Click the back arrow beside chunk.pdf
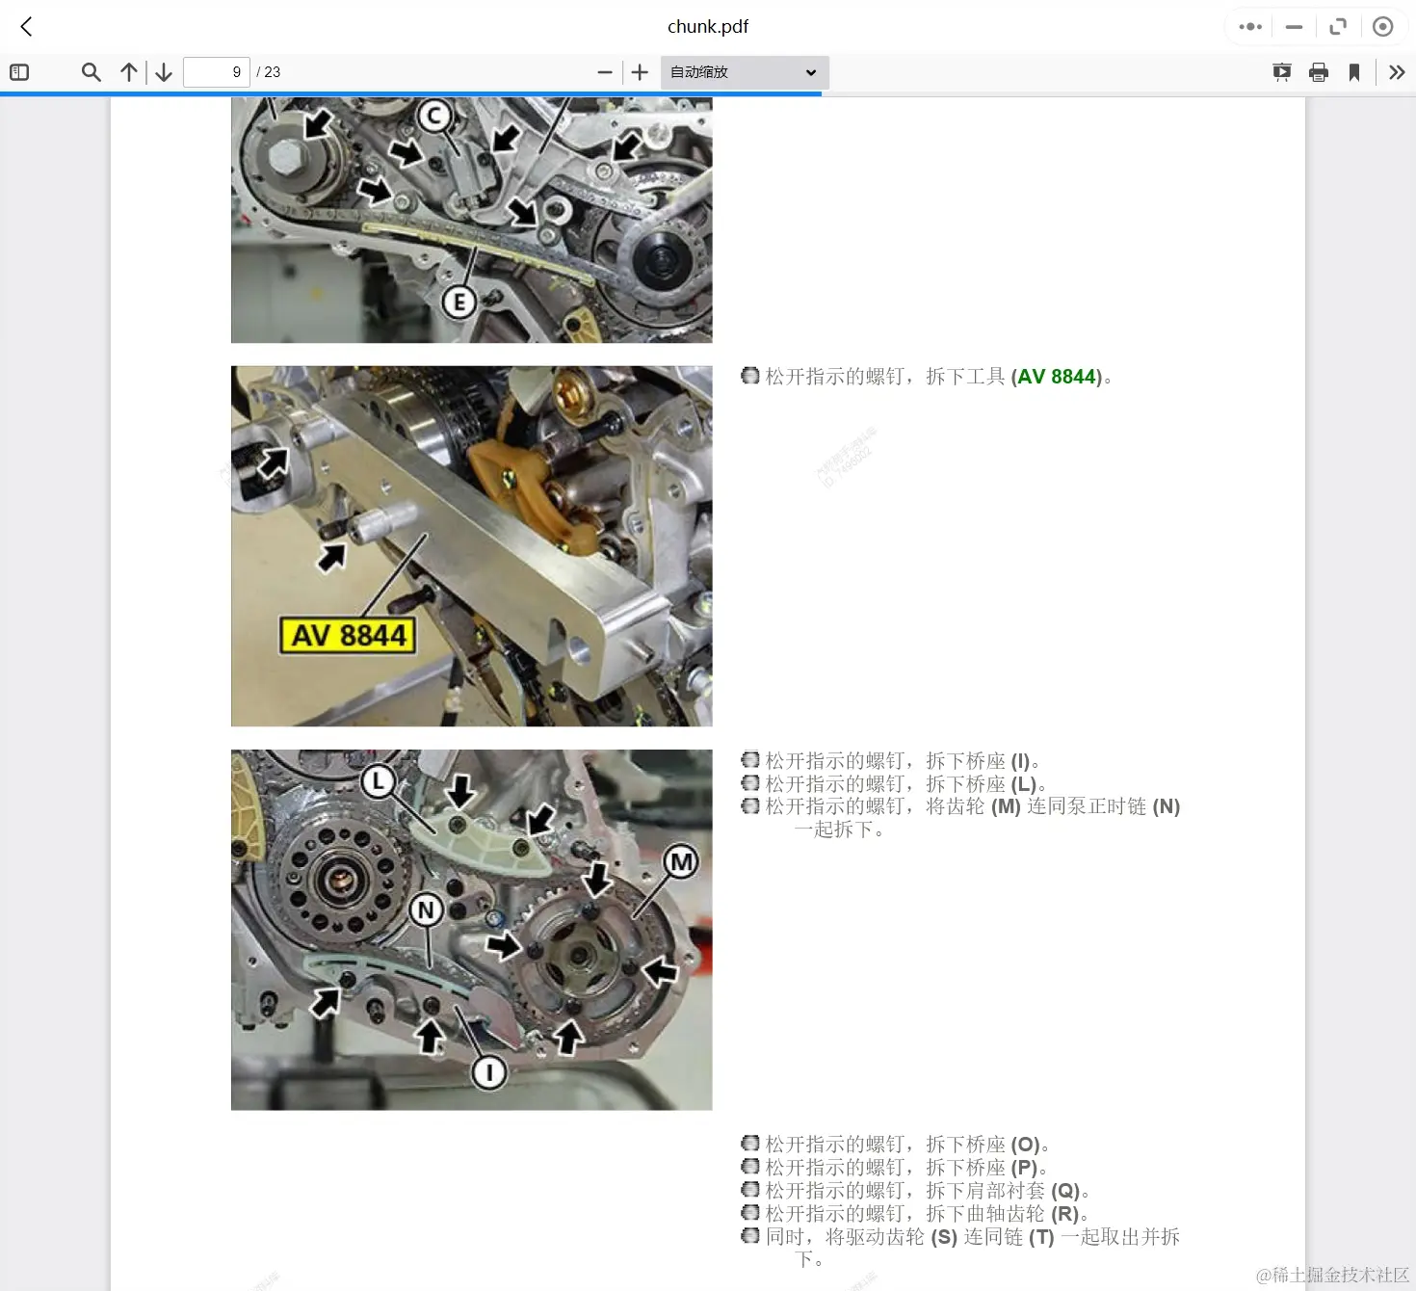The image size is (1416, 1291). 26,27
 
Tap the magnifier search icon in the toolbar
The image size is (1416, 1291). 92,72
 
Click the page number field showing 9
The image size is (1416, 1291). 217,72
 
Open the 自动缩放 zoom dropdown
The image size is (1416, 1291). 744,72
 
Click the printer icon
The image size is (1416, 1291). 1319,72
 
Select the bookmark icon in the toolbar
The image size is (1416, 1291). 1354,72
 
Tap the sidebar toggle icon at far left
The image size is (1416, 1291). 19,72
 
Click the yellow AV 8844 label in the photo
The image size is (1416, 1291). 348,636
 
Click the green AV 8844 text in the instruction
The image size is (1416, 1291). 1057,377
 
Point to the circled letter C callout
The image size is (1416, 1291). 434,117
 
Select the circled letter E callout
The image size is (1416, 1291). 459,303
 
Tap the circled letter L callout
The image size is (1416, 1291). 379,781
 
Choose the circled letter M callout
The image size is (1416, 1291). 681,862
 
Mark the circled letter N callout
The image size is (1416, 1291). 427,909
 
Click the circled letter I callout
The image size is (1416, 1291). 489,1071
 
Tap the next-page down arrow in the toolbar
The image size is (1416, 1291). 164,72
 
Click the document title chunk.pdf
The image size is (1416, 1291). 708,27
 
